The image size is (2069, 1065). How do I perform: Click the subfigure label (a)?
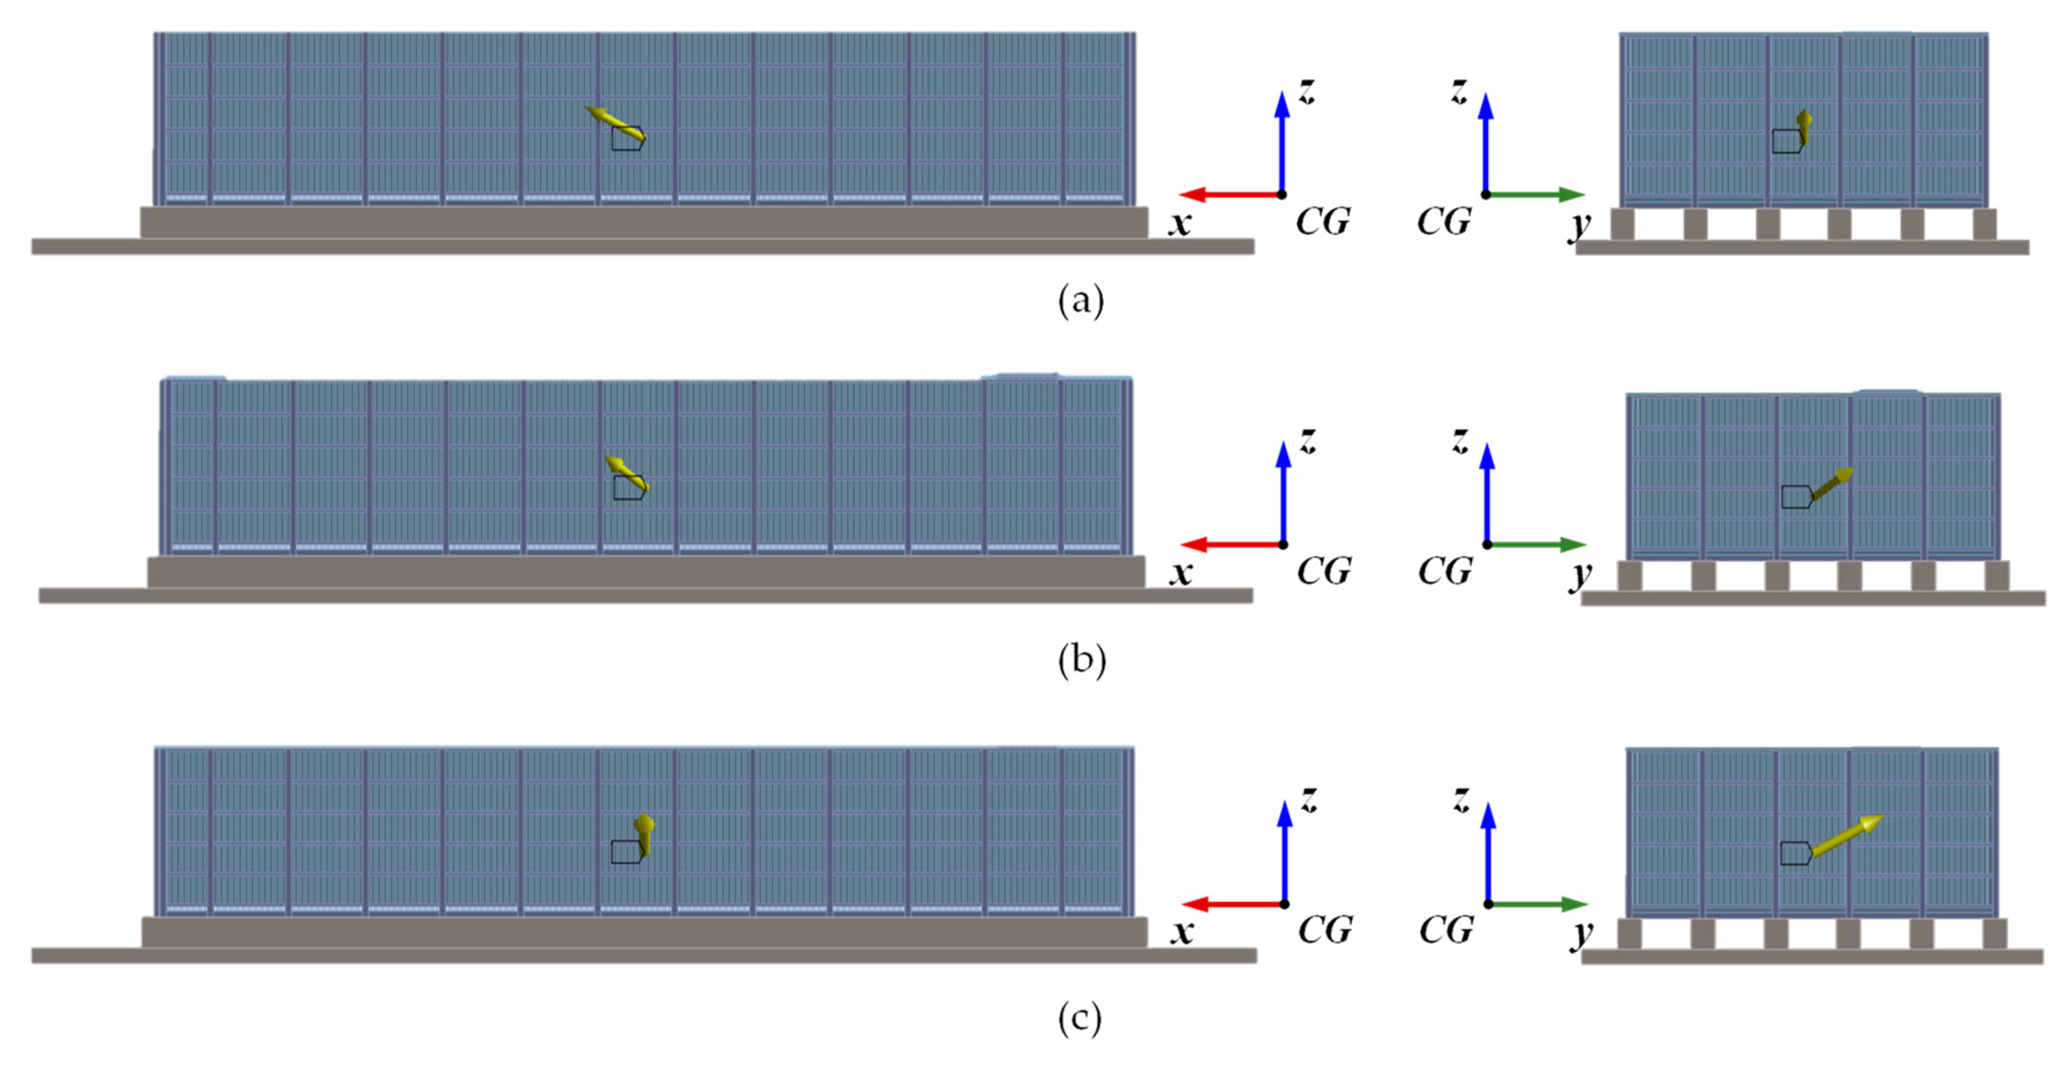[1080, 301]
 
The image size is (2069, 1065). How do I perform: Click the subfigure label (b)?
[1081, 660]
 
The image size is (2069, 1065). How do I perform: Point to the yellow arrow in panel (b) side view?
[626, 474]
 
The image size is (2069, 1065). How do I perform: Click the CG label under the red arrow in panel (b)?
[1324, 571]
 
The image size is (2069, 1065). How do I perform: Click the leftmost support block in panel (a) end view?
[1623, 224]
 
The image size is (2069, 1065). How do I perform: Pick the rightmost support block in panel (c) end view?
[1995, 934]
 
